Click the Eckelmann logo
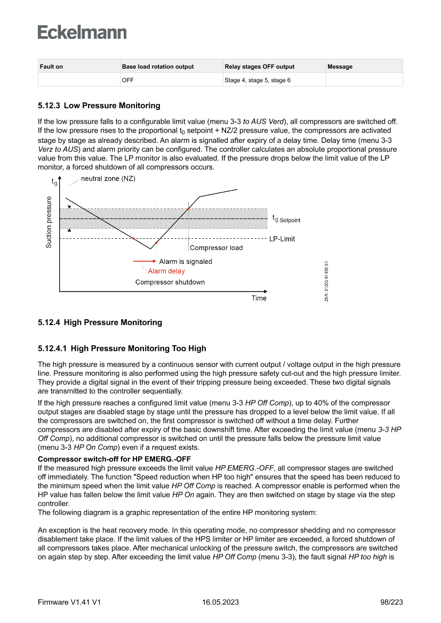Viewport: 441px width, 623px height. coord(82,33)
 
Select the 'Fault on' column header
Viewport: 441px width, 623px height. coord(51,67)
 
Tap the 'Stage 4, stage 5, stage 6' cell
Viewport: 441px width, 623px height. coord(258,80)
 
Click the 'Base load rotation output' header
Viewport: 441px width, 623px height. coord(158,67)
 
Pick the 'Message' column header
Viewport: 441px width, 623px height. coord(340,67)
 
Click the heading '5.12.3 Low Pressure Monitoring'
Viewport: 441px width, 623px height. coord(99,106)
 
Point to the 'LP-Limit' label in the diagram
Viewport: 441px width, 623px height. coord(282,239)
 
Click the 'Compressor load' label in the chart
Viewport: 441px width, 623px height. coord(216,248)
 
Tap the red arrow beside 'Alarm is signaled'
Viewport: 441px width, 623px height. coord(144,262)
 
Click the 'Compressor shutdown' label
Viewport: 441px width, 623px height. coord(170,282)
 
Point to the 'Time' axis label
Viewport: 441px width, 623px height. coord(259,298)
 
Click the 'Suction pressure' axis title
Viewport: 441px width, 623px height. coord(49,222)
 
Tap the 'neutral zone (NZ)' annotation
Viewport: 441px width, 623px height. coord(108,179)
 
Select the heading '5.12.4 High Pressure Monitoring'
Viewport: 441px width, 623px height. coord(100,322)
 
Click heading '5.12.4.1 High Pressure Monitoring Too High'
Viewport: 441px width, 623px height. coord(122,349)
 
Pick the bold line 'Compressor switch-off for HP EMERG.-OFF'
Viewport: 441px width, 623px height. coord(114,459)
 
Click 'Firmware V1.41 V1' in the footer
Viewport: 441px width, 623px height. coord(69,602)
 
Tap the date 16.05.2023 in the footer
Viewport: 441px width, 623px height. coord(220,602)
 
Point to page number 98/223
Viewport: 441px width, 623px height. coord(391,602)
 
